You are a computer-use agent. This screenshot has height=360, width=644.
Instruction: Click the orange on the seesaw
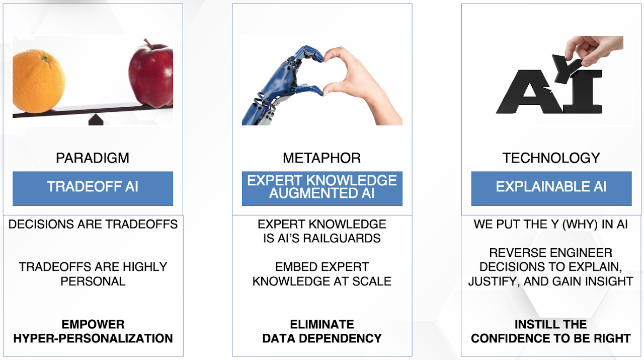[39, 81]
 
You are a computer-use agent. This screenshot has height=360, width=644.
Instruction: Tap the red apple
[151, 76]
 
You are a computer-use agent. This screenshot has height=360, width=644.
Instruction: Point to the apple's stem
[148, 43]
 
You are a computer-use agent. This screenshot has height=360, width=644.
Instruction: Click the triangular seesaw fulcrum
[96, 119]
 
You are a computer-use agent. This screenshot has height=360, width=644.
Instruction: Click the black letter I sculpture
[582, 92]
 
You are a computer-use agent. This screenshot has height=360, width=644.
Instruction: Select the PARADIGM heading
[93, 158]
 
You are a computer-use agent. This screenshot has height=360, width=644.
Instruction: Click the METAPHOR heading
[321, 158]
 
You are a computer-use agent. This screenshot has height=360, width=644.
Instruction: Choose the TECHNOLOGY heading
[551, 158]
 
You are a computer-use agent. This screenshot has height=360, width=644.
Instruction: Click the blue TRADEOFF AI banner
[93, 188]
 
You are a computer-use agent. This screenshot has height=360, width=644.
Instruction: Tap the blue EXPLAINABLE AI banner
[551, 188]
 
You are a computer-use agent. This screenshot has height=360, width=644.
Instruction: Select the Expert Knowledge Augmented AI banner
[322, 188]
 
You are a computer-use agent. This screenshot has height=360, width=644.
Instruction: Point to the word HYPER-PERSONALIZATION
[93, 338]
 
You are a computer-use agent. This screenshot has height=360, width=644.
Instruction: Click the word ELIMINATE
[322, 324]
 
